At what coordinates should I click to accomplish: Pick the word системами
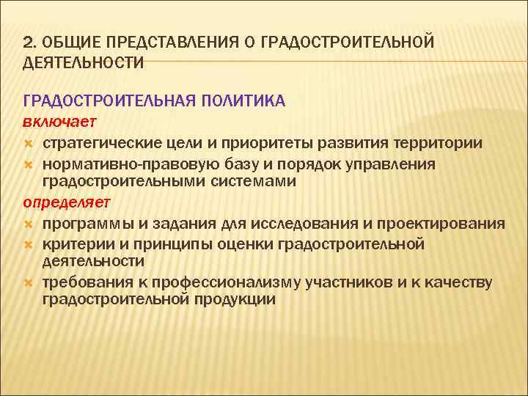(254, 182)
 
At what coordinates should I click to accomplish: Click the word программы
(83, 223)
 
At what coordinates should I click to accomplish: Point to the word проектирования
(446, 223)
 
